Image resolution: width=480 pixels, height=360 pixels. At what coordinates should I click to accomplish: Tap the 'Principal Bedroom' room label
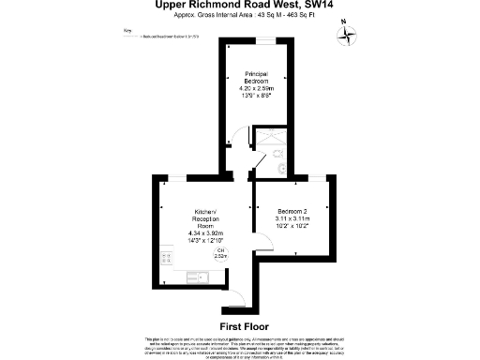257,78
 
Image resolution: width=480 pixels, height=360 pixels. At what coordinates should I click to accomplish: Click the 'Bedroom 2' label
292,211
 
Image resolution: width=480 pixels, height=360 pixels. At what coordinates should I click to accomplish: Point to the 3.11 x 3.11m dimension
292,218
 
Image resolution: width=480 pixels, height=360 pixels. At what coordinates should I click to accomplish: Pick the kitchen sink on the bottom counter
198,275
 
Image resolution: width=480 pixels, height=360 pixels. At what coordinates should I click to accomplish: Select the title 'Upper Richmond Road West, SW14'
239,6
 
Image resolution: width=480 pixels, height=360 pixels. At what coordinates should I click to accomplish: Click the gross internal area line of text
239,17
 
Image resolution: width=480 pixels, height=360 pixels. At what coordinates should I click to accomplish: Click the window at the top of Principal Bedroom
268,40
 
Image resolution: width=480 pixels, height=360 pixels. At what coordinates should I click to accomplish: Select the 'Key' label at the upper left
128,31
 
